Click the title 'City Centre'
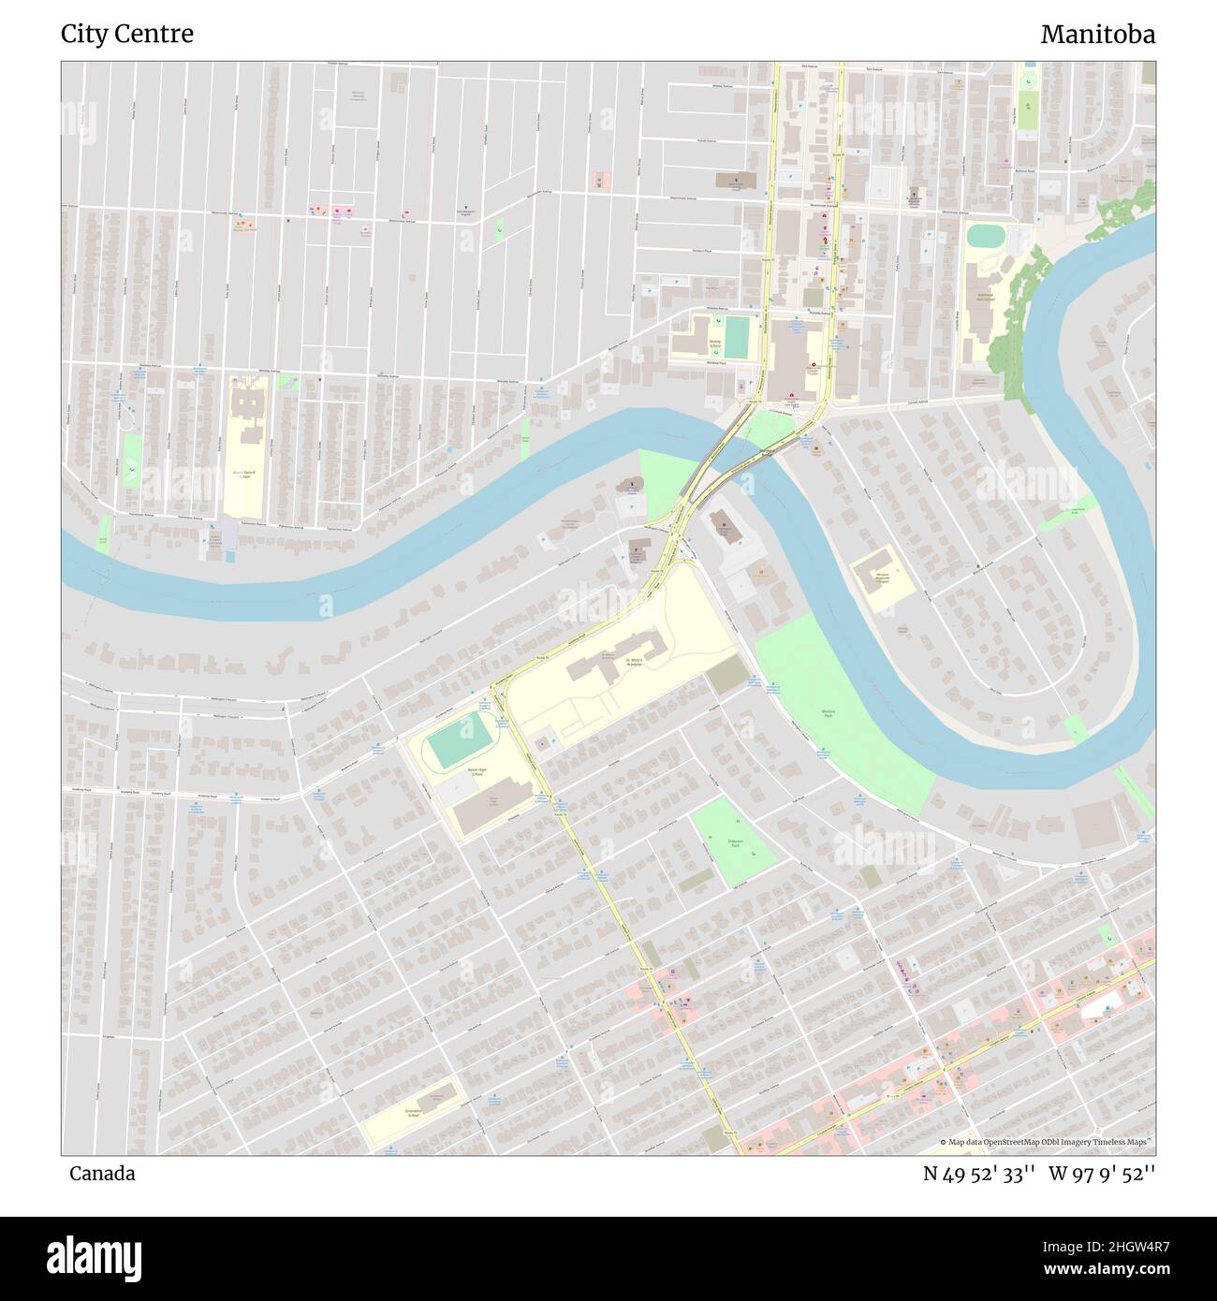coord(127,35)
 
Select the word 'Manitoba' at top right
coord(1097,35)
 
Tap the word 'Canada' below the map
coord(101,1173)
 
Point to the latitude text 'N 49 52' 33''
coord(978,1173)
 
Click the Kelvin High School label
coord(476,773)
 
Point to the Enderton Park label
coord(735,842)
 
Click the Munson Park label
coord(828,714)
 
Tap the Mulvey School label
coord(715,344)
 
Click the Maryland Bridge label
coord(768,451)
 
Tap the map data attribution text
coord(1047,1142)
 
